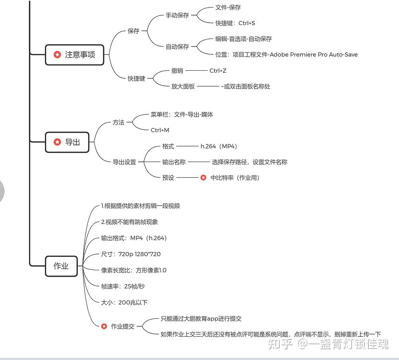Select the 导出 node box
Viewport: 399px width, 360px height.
coord(67,142)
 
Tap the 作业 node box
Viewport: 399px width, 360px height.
coord(61,266)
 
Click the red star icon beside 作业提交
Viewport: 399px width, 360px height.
coord(104,326)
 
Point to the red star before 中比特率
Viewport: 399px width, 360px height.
coord(203,178)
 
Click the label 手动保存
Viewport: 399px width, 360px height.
coord(177,15)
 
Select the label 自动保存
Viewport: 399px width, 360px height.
coord(177,46)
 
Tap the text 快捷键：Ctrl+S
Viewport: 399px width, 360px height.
coord(235,23)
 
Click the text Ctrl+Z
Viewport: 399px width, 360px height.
coord(218,71)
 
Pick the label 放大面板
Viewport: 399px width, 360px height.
coord(183,86)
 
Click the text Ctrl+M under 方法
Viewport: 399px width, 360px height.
coord(160,130)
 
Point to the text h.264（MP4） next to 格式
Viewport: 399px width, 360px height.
coord(219,146)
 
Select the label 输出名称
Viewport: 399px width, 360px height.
coord(174,162)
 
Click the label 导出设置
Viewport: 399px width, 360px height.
coord(124,162)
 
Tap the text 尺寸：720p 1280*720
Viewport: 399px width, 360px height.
coord(131,254)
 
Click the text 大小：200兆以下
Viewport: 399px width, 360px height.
coord(124,302)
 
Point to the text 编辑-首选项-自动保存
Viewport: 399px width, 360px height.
coord(244,39)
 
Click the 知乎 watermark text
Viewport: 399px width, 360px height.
coord(280,344)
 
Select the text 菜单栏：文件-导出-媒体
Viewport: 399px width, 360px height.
coord(182,114)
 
